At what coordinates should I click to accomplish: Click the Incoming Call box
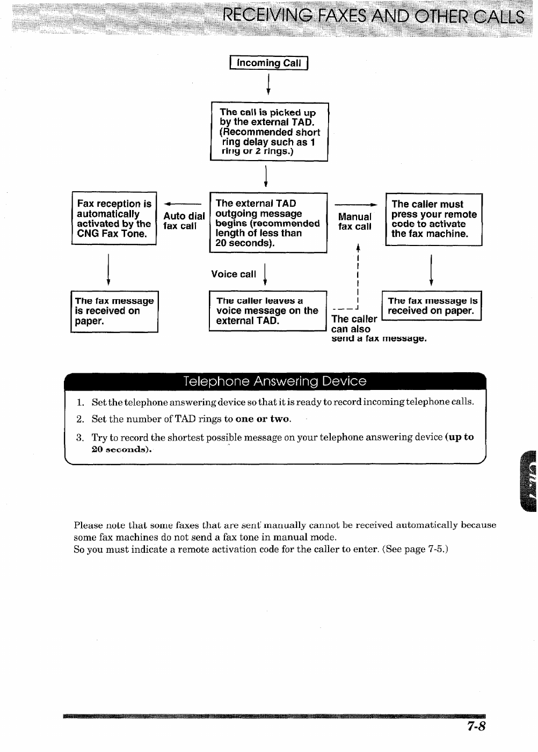268,63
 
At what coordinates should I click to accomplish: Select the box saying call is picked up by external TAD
269,132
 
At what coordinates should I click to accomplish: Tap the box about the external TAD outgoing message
268,223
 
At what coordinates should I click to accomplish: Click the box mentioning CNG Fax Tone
114,219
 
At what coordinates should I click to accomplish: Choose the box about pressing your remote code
434,219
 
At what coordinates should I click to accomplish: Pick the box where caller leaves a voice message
267,311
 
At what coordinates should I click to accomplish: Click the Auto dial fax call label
184,221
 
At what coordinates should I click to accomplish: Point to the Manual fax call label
354,222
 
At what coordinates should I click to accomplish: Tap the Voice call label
234,274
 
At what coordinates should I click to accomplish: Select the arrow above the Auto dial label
183,204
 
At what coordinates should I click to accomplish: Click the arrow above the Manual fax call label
355,205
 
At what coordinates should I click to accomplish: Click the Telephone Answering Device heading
274,381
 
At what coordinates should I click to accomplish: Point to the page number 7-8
476,727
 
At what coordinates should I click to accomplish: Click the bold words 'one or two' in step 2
263,420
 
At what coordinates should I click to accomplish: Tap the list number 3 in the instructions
79,438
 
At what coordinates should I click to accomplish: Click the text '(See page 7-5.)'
415,549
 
